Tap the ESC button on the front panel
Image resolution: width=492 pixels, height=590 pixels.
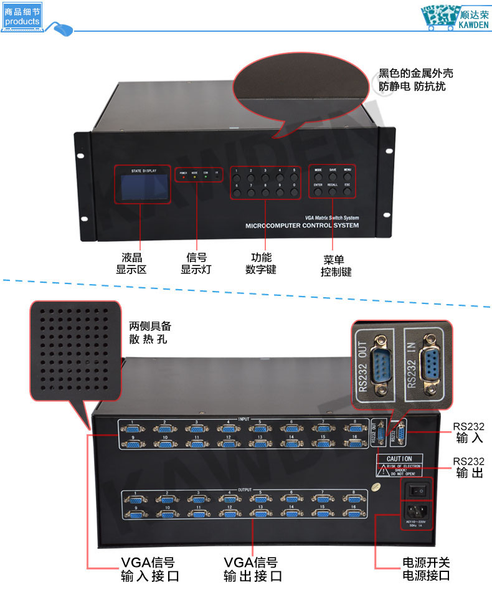(x=348, y=193)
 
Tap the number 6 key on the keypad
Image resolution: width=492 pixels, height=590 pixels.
(x=237, y=193)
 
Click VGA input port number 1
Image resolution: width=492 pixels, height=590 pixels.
(x=133, y=430)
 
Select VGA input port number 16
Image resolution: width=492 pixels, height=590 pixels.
(x=354, y=444)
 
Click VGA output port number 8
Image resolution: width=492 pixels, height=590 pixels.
(x=354, y=500)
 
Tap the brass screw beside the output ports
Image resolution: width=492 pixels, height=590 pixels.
(x=376, y=488)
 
